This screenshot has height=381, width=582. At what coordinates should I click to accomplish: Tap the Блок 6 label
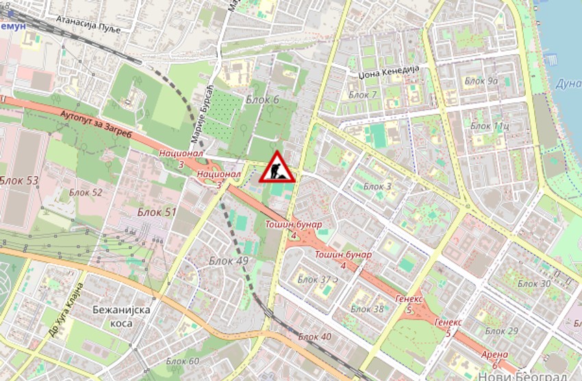coord(262,100)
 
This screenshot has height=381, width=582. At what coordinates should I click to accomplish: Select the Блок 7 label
coord(362,95)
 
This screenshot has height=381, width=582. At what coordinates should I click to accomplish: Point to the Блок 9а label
coord(481,81)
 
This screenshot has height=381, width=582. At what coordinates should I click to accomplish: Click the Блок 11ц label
coord(490,126)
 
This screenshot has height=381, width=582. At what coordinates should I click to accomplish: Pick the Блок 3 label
coord(377,186)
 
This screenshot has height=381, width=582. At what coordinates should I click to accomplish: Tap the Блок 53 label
coord(19,181)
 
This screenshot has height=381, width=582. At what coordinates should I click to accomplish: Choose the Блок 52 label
coord(86,193)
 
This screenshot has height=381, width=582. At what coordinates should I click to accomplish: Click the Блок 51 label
coord(156,212)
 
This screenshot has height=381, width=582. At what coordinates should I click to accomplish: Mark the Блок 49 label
coord(229,260)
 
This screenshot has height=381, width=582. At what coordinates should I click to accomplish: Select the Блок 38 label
coord(368,309)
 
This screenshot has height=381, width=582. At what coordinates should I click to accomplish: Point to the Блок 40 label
coord(315,336)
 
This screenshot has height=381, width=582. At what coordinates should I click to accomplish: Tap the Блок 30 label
coord(534,284)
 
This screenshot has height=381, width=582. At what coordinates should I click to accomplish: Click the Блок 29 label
coord(502,332)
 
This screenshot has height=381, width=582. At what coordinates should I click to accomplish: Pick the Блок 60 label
coord(182,361)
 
